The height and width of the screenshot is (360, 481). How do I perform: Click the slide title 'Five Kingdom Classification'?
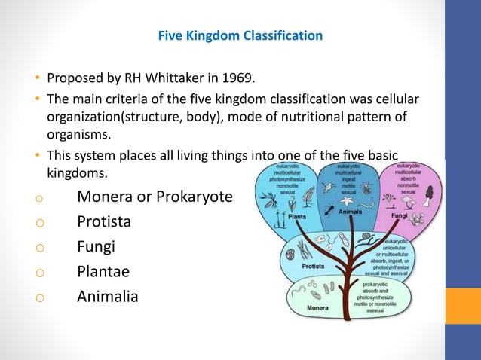tap(240, 35)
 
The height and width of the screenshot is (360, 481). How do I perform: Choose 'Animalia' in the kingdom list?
tap(108, 297)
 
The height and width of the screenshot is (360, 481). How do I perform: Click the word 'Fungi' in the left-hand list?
tap(96, 246)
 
